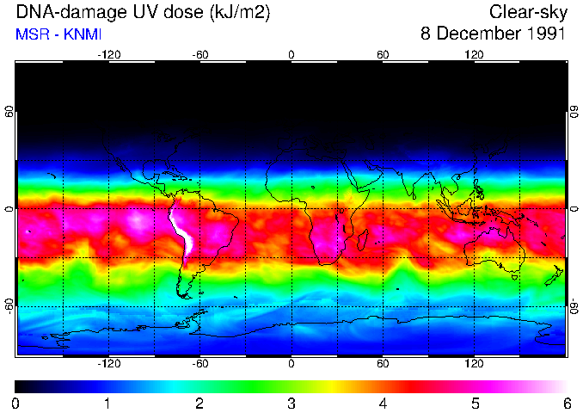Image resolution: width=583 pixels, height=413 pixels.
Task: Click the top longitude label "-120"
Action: click(108, 54)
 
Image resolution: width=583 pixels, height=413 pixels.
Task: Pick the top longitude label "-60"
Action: click(199, 54)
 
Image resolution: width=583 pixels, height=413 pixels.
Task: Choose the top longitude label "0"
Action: click(291, 54)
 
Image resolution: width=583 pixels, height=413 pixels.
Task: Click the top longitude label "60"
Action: click(383, 54)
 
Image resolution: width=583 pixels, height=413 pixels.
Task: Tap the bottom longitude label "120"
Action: click(474, 364)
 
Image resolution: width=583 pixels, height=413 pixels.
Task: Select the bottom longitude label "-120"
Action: click(108, 364)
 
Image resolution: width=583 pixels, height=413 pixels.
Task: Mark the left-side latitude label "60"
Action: click(9, 112)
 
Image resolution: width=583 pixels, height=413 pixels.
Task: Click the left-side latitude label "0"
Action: click(9, 209)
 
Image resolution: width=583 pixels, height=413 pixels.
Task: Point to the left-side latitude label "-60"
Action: click(9, 306)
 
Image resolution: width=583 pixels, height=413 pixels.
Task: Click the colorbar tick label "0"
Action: click(16, 403)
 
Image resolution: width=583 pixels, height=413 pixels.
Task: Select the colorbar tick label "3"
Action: click(291, 403)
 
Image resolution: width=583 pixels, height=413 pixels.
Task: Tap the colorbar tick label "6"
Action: click(566, 403)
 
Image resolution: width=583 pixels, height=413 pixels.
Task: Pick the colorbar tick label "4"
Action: click(383, 403)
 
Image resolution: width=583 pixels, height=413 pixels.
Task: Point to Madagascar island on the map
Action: click(363, 240)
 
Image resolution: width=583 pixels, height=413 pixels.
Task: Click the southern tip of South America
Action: click(183, 295)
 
